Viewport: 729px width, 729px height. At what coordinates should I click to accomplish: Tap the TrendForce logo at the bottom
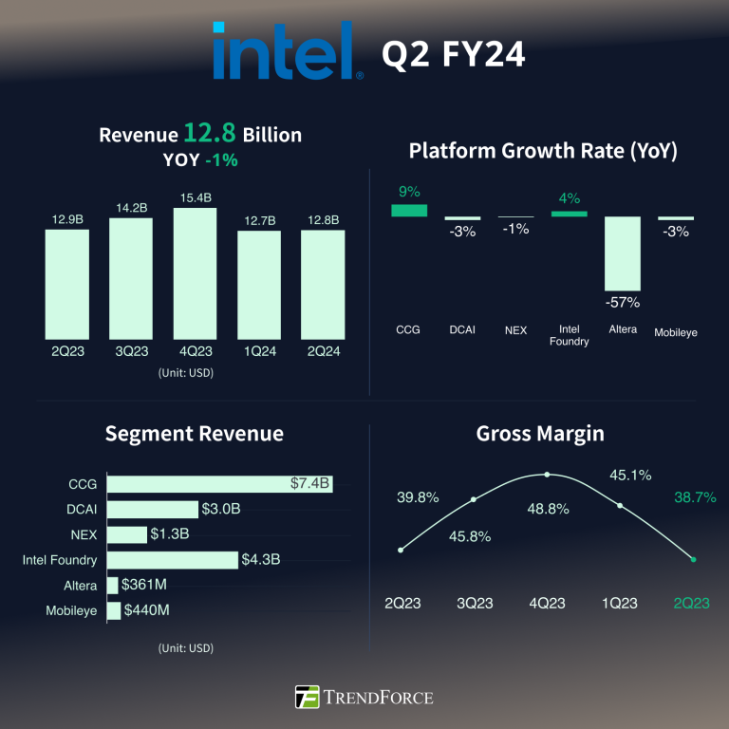pyautogui.click(x=364, y=697)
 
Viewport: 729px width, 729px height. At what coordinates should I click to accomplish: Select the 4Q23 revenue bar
pyautogui.click(x=195, y=273)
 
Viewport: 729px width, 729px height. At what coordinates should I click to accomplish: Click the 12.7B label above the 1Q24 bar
pyautogui.click(x=259, y=220)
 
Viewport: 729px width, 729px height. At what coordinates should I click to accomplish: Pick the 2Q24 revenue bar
pyautogui.click(x=323, y=285)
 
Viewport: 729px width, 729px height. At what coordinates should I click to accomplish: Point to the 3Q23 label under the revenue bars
pyautogui.click(x=131, y=350)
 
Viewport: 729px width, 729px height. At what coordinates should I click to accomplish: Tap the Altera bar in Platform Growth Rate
pyautogui.click(x=623, y=253)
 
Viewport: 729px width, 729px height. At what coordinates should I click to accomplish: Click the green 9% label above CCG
pyautogui.click(x=409, y=192)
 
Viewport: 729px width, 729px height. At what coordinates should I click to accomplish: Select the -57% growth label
pyautogui.click(x=623, y=303)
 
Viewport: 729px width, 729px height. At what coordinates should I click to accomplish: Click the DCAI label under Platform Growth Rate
pyautogui.click(x=462, y=330)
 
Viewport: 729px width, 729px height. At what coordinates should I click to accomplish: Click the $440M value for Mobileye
pyautogui.click(x=147, y=610)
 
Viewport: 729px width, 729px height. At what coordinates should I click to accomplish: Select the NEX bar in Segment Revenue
pyautogui.click(x=127, y=534)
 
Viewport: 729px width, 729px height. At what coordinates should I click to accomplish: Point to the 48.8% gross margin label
pyautogui.click(x=547, y=509)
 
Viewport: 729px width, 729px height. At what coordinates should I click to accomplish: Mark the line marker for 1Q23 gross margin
pyautogui.click(x=620, y=506)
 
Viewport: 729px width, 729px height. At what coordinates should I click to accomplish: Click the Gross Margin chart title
pyautogui.click(x=540, y=434)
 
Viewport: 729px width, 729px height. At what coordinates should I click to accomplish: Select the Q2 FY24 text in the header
pyautogui.click(x=453, y=55)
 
